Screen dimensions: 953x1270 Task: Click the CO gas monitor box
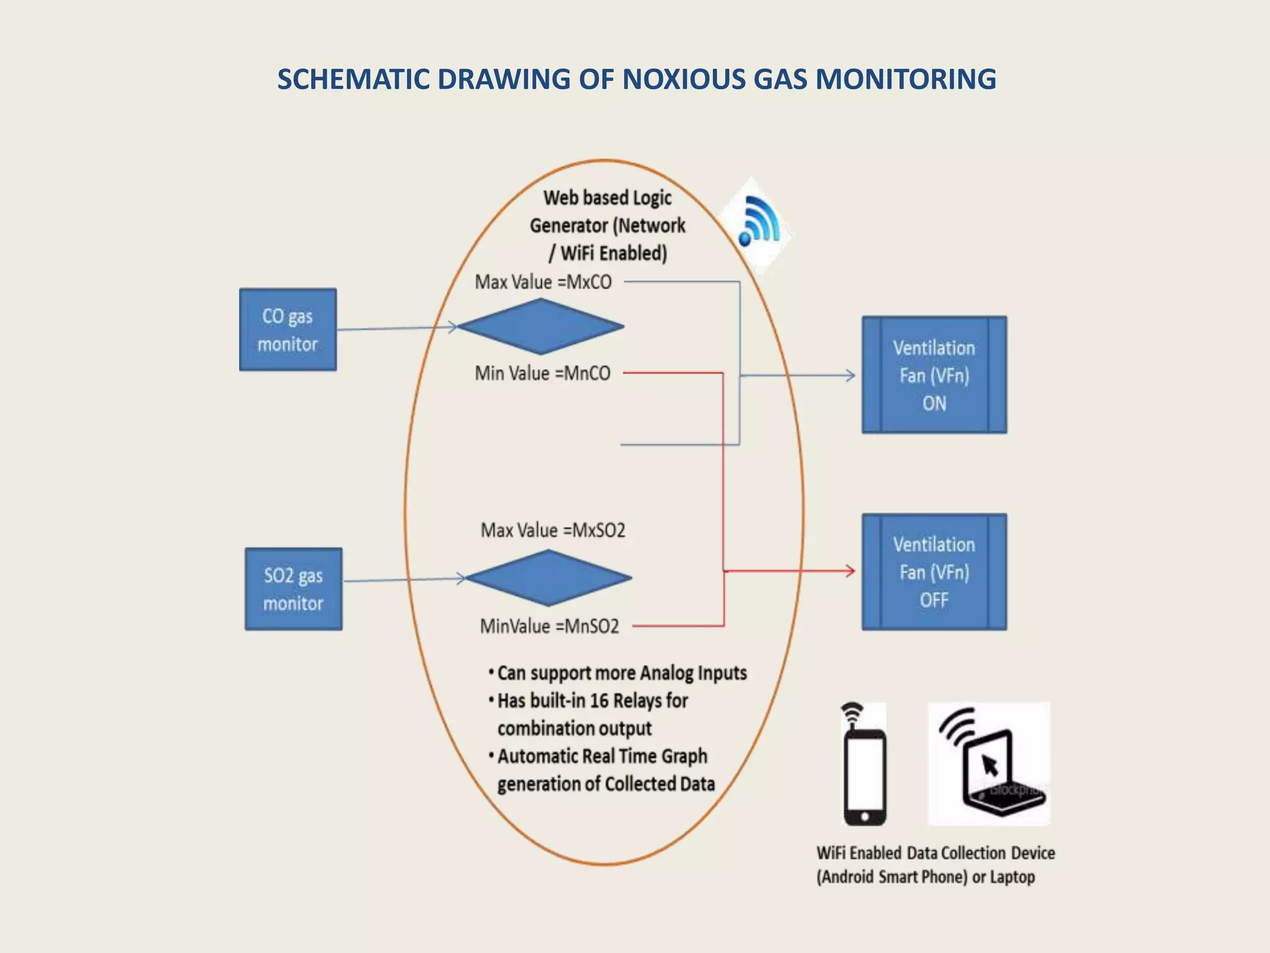pyautogui.click(x=288, y=329)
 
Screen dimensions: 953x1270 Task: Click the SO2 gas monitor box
pyautogui.click(x=293, y=589)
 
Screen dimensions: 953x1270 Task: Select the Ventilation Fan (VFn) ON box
pyautogui.click(x=934, y=375)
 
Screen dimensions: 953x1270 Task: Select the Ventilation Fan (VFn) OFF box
pyautogui.click(x=934, y=571)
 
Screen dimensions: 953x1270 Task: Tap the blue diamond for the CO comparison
pyautogui.click(x=541, y=326)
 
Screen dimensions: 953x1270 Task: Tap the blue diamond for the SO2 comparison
pyautogui.click(x=548, y=578)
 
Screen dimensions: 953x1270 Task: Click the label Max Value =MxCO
pyautogui.click(x=543, y=282)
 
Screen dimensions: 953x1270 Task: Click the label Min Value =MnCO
pyautogui.click(x=543, y=374)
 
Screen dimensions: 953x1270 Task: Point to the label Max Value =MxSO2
pyautogui.click(x=553, y=530)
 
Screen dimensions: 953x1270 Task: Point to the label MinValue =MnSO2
pyautogui.click(x=549, y=626)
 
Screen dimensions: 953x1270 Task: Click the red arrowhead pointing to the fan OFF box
pyautogui.click(x=851, y=571)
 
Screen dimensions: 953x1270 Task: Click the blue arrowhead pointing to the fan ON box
pyautogui.click(x=851, y=375)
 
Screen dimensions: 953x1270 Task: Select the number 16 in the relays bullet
pyautogui.click(x=599, y=701)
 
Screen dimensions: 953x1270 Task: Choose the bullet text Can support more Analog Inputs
pyautogui.click(x=621, y=673)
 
